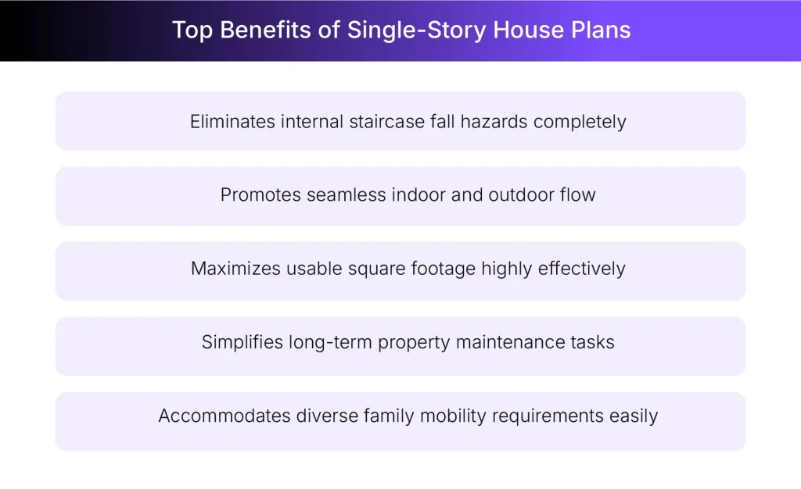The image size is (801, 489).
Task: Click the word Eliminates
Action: [231, 122]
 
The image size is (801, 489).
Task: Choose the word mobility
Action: [451, 416]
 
